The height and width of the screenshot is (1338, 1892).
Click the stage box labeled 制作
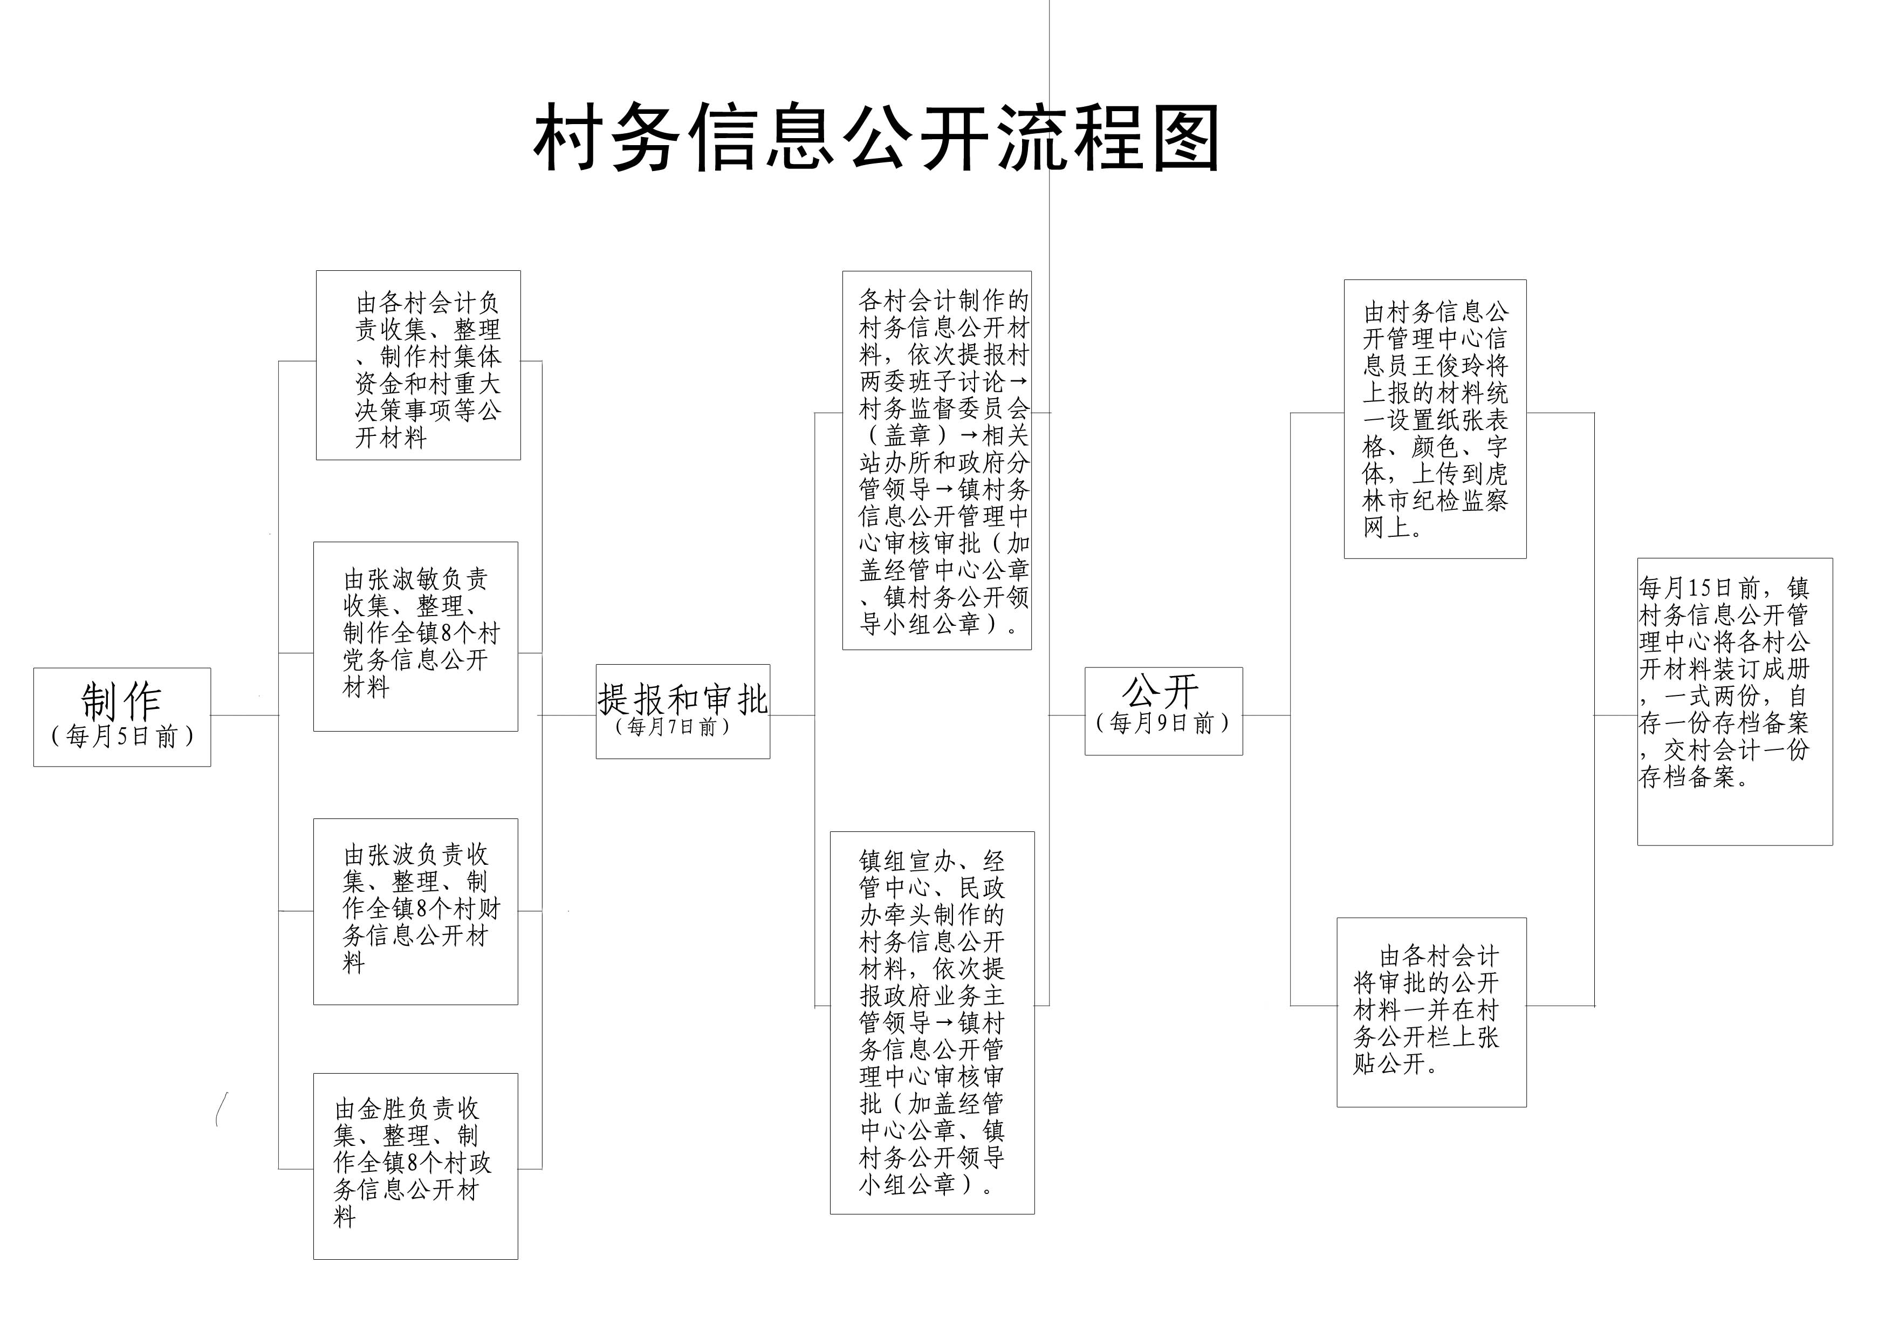(122, 717)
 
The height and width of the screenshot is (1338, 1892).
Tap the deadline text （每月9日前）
(1163, 723)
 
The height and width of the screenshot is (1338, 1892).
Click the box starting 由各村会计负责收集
(419, 365)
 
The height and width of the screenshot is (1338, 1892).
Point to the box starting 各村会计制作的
(937, 461)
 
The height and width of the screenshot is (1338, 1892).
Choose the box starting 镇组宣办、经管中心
(932, 1022)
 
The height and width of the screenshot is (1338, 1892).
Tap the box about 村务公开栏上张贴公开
(1431, 1012)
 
